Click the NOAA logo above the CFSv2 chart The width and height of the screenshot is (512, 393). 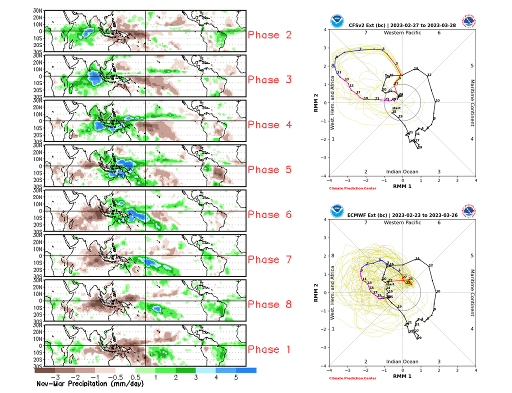[x=336, y=22]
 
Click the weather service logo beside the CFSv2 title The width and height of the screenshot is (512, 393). [x=469, y=22]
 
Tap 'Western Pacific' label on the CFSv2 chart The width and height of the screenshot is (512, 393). [x=402, y=33]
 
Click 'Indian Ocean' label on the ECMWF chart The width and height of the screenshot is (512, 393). [x=402, y=361]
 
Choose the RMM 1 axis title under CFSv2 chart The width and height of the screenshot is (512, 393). [x=402, y=186]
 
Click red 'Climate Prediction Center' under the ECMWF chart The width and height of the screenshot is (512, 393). [x=352, y=378]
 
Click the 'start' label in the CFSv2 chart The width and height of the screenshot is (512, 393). [x=396, y=108]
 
